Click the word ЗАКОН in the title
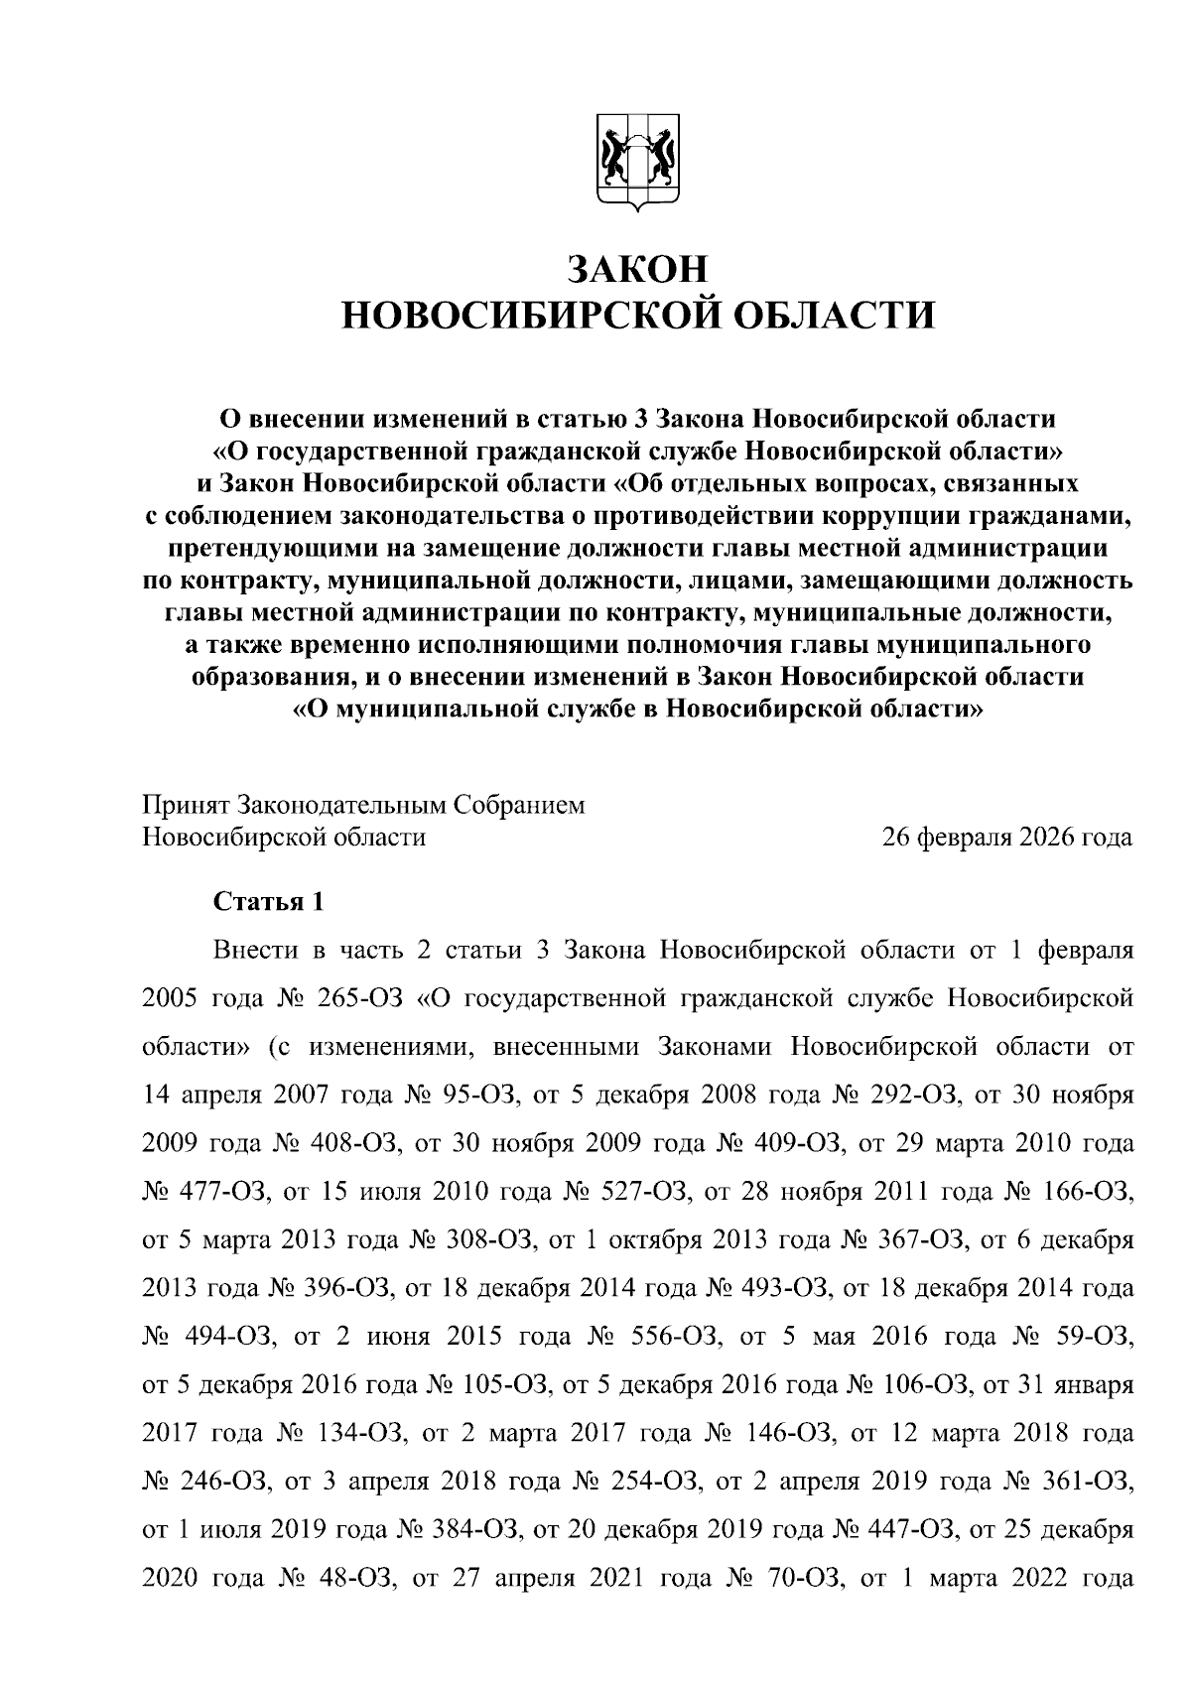(x=638, y=268)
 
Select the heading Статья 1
(x=268, y=902)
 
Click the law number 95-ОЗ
(x=485, y=1095)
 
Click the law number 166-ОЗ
(x=1090, y=1192)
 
